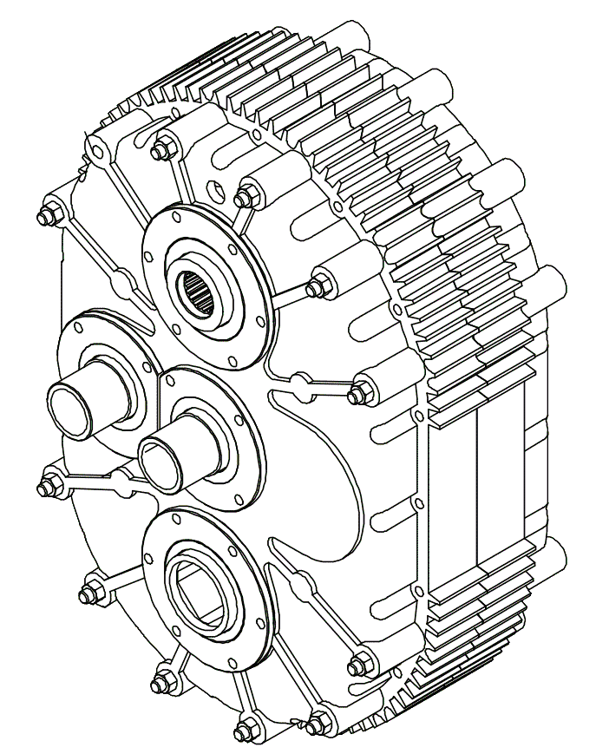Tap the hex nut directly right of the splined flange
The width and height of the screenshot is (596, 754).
[x=318, y=284]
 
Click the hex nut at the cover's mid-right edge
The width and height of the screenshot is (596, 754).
[x=357, y=394]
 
